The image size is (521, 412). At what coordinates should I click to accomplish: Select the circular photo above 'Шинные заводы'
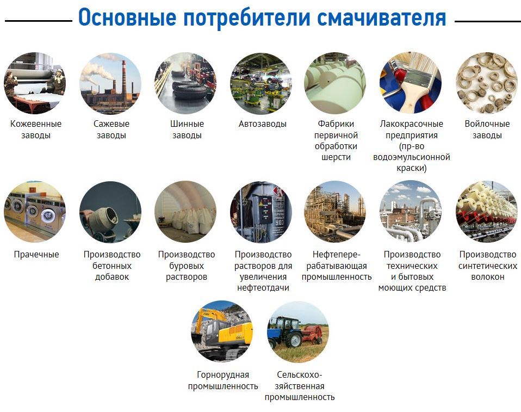185,83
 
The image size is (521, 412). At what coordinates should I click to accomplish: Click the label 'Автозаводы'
262,124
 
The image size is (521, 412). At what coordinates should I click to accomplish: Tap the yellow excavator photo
222,331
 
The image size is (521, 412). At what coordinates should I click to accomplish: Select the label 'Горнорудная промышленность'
223,380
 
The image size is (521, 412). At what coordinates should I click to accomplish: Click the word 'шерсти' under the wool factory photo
336,158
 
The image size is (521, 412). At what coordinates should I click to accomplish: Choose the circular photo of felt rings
487,83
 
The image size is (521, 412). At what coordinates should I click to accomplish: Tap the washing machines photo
35,212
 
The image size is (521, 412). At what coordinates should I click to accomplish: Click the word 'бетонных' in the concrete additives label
111,266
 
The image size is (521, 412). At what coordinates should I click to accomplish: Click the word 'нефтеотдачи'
263,288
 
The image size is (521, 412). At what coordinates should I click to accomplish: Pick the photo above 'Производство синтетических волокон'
487,212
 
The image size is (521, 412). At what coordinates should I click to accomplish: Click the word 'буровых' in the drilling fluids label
187,266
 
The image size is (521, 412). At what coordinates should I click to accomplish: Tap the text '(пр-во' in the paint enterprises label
412,146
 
